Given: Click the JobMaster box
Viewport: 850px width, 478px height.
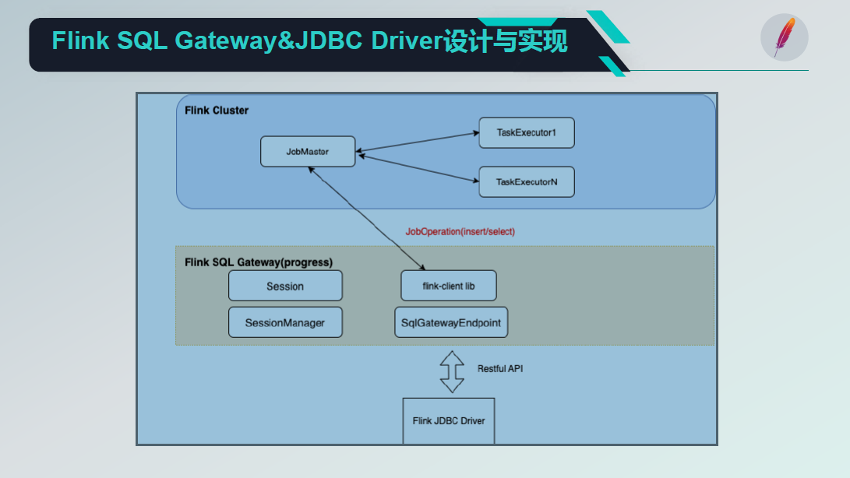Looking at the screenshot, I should click(308, 152).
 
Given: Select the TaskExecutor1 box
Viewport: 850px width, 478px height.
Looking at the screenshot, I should click(527, 133).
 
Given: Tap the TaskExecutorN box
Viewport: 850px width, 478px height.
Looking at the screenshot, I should click(527, 182).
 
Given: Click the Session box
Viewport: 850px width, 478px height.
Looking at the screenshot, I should click(285, 286).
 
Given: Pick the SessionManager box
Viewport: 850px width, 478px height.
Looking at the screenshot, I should click(285, 322).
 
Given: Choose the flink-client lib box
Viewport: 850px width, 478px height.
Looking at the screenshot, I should click(448, 286).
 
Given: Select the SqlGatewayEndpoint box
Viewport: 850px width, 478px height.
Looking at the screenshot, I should click(451, 322).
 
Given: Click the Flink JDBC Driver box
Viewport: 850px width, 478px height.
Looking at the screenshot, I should click(449, 420).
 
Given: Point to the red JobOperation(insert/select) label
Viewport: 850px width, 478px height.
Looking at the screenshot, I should click(460, 232).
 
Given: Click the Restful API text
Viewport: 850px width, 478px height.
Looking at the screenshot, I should click(499, 368).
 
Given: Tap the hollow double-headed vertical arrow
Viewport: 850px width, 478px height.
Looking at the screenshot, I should click(451, 371).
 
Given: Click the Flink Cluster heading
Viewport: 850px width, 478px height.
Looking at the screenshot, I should click(217, 111).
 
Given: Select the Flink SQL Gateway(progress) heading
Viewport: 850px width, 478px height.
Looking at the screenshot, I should click(259, 262).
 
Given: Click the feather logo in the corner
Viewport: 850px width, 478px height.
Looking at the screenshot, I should click(784, 37).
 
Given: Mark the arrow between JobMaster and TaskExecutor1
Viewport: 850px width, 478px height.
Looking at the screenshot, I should click(418, 141).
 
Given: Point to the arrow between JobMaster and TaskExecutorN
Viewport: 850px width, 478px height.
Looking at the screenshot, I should click(418, 168).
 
